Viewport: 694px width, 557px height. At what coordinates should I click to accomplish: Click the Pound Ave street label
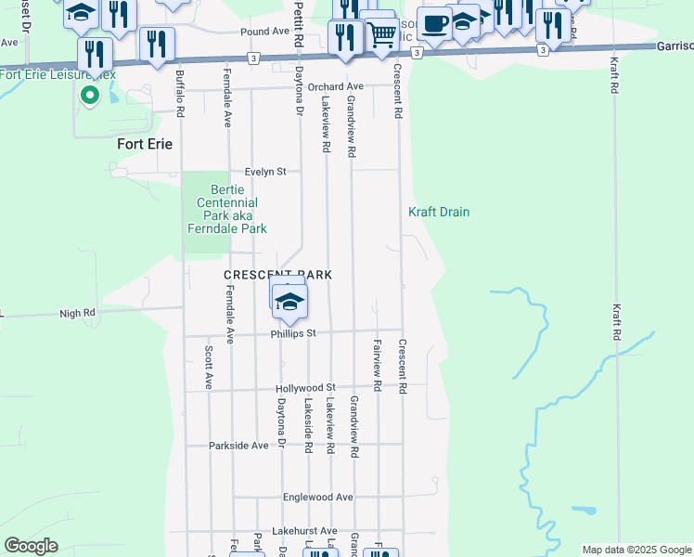[264, 31]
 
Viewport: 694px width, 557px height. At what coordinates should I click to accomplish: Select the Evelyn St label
[266, 172]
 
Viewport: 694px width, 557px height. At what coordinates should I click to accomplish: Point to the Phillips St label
[294, 333]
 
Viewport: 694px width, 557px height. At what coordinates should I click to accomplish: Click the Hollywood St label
[304, 387]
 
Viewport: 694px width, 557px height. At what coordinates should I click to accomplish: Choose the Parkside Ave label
[238, 446]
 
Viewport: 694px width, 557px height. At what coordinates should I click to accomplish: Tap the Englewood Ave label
[319, 498]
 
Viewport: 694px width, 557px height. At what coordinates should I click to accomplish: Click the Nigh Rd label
[78, 314]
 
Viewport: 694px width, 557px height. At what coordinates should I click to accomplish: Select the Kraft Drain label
[439, 213]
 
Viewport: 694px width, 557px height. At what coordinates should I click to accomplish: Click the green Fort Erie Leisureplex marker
[90, 95]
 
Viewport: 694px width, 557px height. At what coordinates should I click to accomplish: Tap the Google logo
[31, 547]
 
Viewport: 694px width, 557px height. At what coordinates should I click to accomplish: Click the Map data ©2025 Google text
[636, 550]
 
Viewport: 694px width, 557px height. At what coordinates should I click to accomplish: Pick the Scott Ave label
[209, 368]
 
